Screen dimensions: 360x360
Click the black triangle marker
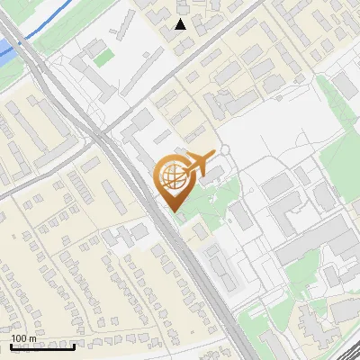[x=181, y=23]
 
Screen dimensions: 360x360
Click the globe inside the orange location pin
[x=171, y=177]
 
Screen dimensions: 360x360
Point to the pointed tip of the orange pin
[x=175, y=210]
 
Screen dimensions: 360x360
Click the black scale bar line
[x=42, y=346]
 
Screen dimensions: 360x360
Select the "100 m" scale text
[x=23, y=338]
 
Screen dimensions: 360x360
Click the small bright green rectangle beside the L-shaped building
[x=105, y=57]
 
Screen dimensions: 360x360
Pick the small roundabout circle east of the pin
[x=224, y=148]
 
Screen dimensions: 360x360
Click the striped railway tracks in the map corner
[x=346, y=351]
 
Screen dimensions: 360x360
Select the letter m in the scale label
[x=31, y=338]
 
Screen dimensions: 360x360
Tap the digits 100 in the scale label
[x=19, y=338]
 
